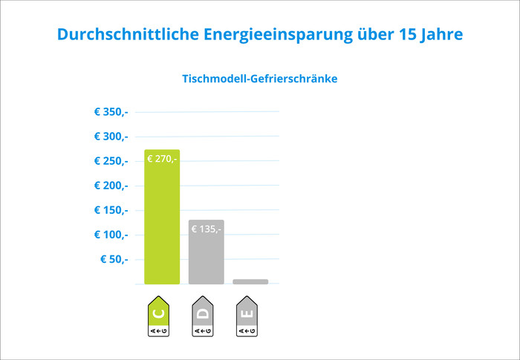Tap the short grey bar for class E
(250, 281)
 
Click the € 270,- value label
(162, 158)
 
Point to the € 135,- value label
(206, 229)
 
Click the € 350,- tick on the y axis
(111, 112)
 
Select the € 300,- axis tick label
(111, 137)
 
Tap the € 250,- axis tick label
(111, 161)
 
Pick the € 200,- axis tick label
(111, 186)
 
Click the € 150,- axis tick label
(111, 210)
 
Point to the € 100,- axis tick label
(111, 235)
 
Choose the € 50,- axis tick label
(114, 259)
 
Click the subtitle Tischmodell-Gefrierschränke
(260, 78)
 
